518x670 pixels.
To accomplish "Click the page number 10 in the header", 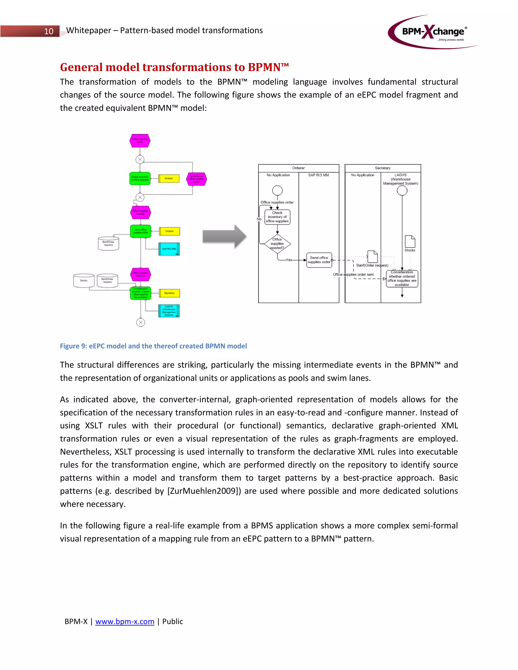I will [x=49, y=31].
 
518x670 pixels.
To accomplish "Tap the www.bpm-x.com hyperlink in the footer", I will [x=125, y=621].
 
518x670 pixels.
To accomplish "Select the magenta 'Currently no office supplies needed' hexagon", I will [x=196, y=179].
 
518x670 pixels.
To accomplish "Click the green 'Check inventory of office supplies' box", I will [x=140, y=178].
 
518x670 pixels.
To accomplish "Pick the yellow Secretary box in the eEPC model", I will [x=169, y=293].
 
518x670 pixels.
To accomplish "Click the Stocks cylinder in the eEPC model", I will [x=84, y=281].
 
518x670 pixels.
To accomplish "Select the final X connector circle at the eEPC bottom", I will [x=141, y=322].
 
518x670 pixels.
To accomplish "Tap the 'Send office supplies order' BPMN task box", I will [x=319, y=260].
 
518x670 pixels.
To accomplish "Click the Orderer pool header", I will [x=298, y=168].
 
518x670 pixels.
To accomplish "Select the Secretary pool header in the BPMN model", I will [x=382, y=168].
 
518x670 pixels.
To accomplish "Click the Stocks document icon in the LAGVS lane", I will [x=410, y=242].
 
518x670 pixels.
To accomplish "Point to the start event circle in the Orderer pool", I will [x=277, y=191].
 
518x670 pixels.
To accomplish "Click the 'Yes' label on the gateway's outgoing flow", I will [x=289, y=260].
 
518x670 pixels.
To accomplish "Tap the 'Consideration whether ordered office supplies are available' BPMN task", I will [x=402, y=279].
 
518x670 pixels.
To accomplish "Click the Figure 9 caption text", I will [x=153, y=346].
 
